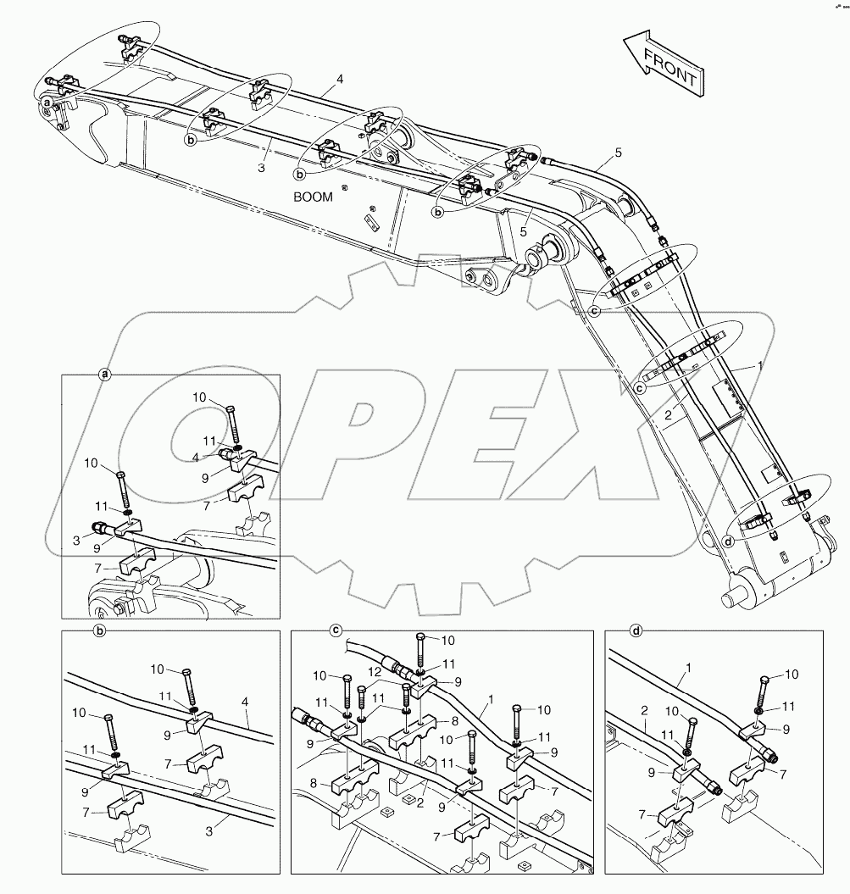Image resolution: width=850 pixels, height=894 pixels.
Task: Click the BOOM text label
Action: click(313, 197)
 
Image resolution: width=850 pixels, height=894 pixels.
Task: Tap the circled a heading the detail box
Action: click(104, 375)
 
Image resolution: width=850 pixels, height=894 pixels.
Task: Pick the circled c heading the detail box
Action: click(336, 630)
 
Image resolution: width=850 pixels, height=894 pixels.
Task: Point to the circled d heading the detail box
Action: click(636, 630)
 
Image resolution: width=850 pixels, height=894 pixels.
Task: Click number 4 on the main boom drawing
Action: click(339, 79)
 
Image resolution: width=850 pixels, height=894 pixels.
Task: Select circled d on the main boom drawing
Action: click(730, 543)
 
